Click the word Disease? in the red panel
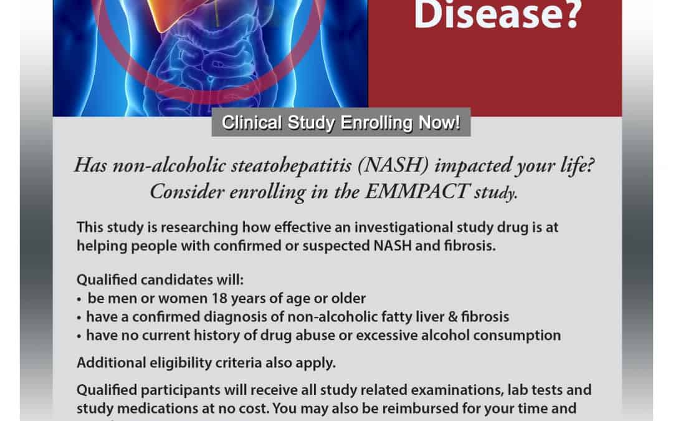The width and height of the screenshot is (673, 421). click(497, 14)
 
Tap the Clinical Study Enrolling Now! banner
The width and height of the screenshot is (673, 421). click(341, 123)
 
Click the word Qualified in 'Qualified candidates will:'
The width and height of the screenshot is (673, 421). click(105, 279)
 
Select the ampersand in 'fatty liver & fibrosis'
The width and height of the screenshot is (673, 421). click(449, 317)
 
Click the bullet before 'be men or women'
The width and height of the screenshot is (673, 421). click(80, 299)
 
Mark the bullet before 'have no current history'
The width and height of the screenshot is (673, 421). click(80, 336)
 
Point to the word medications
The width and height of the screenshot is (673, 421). click(147, 409)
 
